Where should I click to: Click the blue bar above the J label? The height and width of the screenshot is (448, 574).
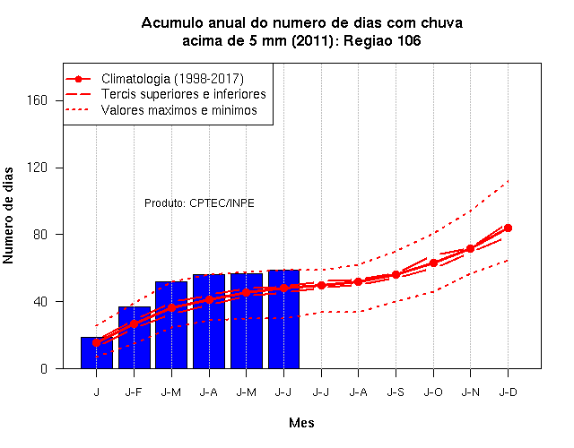point(97,352)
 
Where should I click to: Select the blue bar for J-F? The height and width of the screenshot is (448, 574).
point(135,338)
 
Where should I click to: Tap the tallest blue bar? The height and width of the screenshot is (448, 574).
point(283,319)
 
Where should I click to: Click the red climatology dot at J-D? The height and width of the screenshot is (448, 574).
point(508,228)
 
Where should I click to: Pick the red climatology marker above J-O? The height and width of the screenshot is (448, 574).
point(433,263)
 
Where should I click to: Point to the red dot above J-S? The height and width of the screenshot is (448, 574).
point(396,275)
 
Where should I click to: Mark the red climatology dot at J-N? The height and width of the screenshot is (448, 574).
point(470,249)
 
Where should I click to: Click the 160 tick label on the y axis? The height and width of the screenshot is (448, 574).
point(38,100)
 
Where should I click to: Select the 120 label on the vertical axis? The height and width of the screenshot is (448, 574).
point(38,168)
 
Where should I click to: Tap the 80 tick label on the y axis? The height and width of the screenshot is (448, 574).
point(40,235)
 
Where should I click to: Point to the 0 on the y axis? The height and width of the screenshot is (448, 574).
point(44,368)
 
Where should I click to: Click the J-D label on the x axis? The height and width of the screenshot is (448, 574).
point(509,392)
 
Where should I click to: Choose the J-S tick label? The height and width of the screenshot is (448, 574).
point(396,392)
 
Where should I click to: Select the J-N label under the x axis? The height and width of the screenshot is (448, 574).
point(470,392)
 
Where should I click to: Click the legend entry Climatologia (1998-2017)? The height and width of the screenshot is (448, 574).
point(172,79)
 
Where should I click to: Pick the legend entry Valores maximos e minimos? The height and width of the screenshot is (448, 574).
point(179,110)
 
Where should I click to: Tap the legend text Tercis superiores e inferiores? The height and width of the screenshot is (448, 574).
point(184,94)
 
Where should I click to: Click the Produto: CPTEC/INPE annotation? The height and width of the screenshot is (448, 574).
point(199,203)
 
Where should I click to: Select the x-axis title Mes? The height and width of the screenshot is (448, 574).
point(301,423)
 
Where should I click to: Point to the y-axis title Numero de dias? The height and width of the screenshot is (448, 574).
point(8,215)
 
